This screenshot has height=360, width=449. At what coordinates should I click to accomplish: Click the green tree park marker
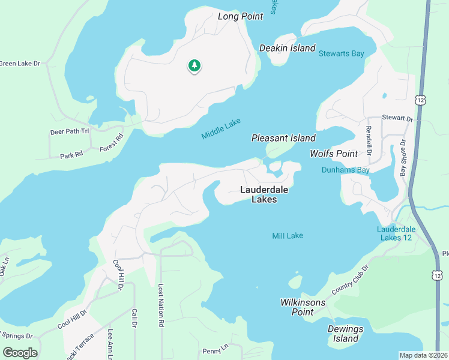[194, 65]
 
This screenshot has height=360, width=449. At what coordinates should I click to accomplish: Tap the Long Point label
[240, 16]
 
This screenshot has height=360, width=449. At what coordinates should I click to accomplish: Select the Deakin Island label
[287, 48]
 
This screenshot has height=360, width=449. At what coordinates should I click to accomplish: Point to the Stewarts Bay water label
[341, 54]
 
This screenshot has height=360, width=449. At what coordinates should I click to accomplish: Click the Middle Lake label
[221, 129]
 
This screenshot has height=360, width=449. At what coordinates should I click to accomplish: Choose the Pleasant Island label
[283, 139]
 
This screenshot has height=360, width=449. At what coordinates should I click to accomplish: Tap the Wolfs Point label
[334, 154]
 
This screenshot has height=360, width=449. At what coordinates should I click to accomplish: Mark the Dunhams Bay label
[345, 170]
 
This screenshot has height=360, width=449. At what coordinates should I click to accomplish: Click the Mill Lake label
[288, 236]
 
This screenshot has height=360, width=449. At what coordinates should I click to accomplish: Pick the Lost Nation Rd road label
[161, 305]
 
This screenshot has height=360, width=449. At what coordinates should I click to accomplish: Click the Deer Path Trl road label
[69, 131]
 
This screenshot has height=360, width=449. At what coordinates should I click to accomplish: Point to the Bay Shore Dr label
[403, 158]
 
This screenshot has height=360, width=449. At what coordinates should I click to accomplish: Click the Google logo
[20, 353]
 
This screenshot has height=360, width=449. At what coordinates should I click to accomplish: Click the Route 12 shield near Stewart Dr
[421, 99]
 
